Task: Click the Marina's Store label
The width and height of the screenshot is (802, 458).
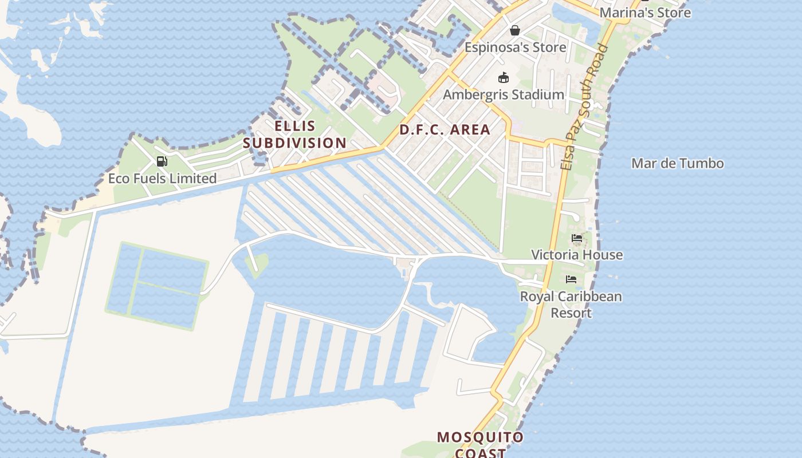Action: click(645, 12)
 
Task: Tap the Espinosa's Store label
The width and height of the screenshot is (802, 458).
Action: click(515, 47)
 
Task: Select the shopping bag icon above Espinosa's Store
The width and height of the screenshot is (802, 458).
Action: click(515, 30)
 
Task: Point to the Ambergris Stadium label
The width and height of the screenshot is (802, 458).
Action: click(504, 94)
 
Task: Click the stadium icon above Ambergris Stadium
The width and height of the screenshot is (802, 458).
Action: click(504, 77)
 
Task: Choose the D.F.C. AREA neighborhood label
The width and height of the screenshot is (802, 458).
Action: click(445, 129)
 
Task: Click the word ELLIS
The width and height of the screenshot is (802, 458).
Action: click(294, 126)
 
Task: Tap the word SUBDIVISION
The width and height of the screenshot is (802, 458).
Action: click(294, 143)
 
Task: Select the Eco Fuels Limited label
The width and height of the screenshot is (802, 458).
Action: click(162, 179)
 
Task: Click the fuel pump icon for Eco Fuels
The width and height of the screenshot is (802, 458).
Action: click(162, 161)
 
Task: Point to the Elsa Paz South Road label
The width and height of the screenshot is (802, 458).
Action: click(584, 107)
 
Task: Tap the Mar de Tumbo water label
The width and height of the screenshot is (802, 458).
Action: click(677, 164)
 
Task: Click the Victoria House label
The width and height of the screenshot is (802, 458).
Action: click(576, 255)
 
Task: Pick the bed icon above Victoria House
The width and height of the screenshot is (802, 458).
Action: click(576, 238)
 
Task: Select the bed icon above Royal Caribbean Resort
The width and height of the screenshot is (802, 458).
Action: click(571, 279)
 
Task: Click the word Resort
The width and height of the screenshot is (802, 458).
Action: click(571, 313)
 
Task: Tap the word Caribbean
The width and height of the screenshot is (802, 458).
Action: click(589, 297)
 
